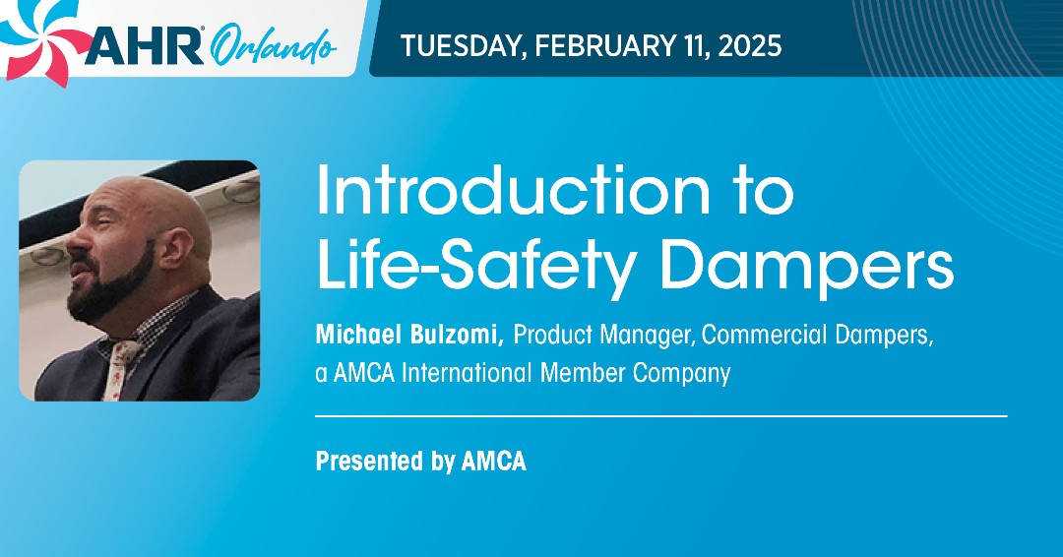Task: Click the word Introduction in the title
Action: [x=513, y=193]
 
